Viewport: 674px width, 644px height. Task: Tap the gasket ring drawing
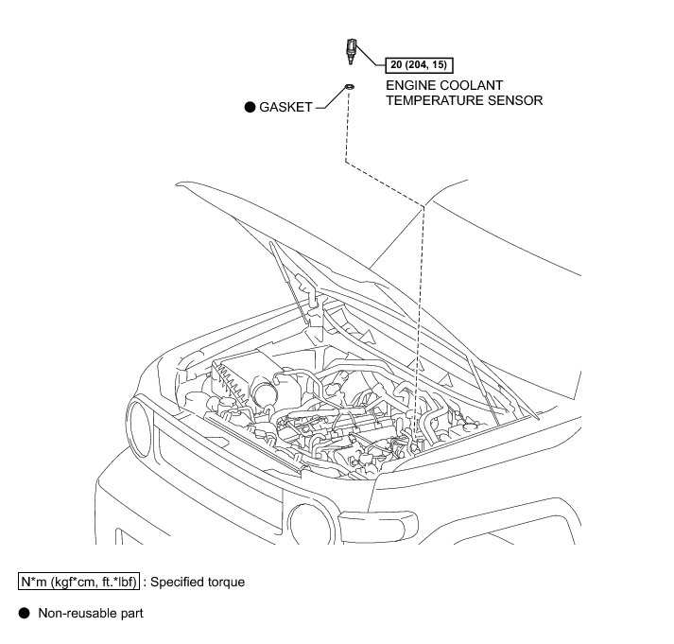[349, 87]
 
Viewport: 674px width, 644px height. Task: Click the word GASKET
[286, 108]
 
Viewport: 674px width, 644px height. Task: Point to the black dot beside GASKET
[251, 108]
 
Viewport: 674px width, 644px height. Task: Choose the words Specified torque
[199, 582]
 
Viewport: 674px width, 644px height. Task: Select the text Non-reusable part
[90, 614]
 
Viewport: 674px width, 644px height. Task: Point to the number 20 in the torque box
[396, 65]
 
